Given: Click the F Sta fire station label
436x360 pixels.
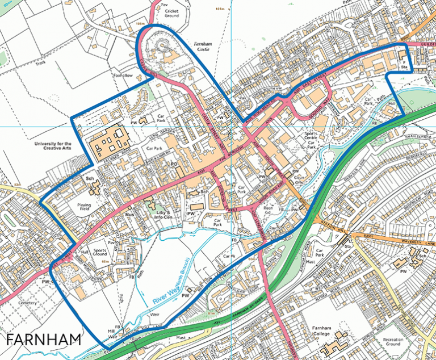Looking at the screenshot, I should pyautogui.click(x=404, y=64).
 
